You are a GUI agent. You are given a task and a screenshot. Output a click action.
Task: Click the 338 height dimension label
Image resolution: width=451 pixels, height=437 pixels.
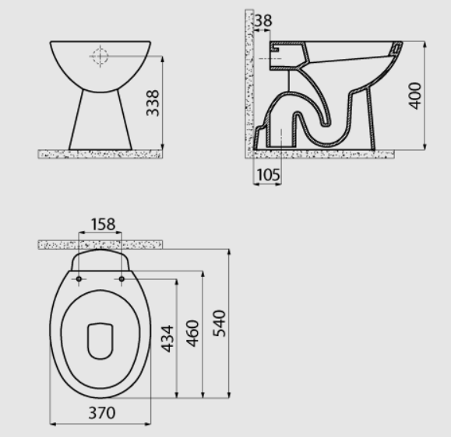click(153, 103)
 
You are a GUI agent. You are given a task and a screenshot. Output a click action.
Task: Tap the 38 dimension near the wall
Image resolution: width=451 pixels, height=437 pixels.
click(263, 20)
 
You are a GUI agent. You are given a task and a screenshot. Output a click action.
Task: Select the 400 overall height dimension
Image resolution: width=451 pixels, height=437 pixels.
click(414, 96)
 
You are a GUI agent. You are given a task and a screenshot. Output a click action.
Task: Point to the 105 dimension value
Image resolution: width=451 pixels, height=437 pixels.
click(268, 175)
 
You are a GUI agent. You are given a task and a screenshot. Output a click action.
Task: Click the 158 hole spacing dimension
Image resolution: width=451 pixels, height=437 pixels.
click(103, 224)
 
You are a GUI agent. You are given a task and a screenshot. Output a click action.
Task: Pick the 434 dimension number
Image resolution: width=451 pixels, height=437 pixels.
click(167, 338)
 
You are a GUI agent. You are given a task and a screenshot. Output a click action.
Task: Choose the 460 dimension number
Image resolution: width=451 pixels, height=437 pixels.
click(192, 334)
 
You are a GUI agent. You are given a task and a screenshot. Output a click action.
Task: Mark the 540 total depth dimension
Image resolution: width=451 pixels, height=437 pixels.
click(219, 323)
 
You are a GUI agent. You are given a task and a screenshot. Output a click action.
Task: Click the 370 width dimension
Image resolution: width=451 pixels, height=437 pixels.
click(102, 413)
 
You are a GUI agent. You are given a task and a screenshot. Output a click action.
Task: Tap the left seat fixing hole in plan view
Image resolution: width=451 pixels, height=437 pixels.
click(79, 279)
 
